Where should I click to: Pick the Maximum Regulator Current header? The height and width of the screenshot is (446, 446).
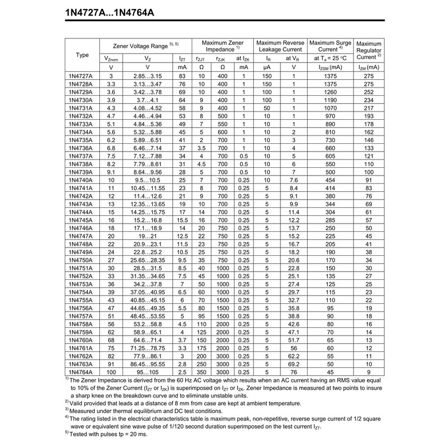pos(369,50)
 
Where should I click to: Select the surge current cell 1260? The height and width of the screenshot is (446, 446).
pos(329,91)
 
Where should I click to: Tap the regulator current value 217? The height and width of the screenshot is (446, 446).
pos(369,108)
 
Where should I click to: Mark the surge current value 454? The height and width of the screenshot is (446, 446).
pos(329,180)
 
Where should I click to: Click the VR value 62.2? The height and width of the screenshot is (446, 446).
pos(294,356)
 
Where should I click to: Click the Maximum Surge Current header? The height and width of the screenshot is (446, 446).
pos(329,46)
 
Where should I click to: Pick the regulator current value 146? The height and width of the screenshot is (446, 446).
pos(369,140)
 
